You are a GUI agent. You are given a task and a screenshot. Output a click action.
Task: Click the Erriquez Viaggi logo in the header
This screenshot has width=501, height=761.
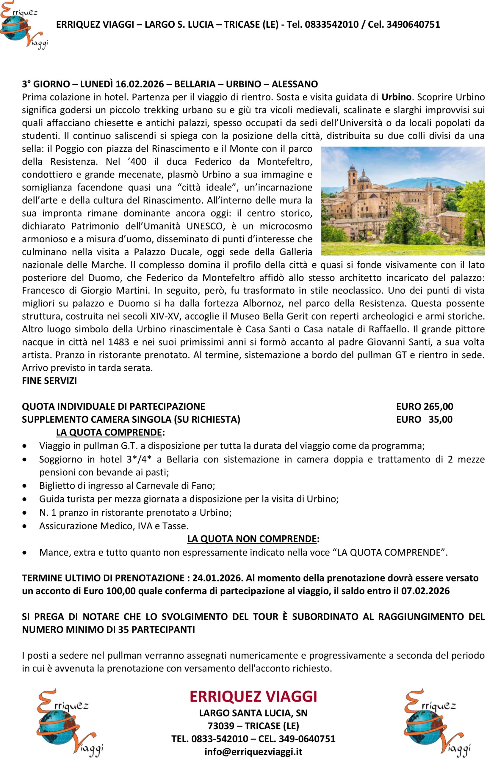[24, 25]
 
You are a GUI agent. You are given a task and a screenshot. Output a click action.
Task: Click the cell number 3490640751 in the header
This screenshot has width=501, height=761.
[413, 25]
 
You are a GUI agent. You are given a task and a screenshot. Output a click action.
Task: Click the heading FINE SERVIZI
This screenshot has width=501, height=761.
[49, 381]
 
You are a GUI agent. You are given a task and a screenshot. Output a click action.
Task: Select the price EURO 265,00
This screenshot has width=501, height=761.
[424, 406]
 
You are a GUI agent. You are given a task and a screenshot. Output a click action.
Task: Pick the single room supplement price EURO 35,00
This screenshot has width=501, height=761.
[424, 419]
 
